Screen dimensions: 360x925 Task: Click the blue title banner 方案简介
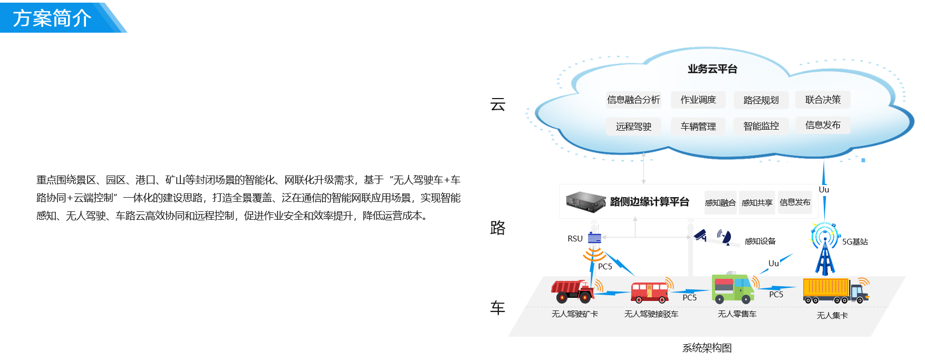(x=53, y=18)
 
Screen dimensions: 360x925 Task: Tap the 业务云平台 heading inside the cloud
(x=712, y=69)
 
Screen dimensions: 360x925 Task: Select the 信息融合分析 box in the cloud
(x=633, y=100)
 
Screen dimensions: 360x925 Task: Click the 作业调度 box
(x=698, y=100)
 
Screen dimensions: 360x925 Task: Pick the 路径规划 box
(x=761, y=100)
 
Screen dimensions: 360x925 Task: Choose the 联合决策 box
(x=823, y=100)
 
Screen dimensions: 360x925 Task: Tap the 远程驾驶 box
(x=633, y=127)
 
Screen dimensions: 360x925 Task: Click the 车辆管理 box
(x=698, y=127)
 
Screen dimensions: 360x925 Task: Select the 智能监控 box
(x=761, y=126)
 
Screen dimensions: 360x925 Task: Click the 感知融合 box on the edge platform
(x=720, y=202)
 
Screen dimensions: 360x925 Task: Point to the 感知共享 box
(x=757, y=202)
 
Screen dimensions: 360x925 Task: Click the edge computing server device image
(x=586, y=202)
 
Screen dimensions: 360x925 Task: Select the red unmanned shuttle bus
(x=649, y=291)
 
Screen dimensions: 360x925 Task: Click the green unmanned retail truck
(x=733, y=289)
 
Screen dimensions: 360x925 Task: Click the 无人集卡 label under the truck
(x=832, y=315)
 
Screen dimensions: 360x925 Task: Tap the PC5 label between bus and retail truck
(x=690, y=298)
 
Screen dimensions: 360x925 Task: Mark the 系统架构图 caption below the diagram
(x=707, y=348)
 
